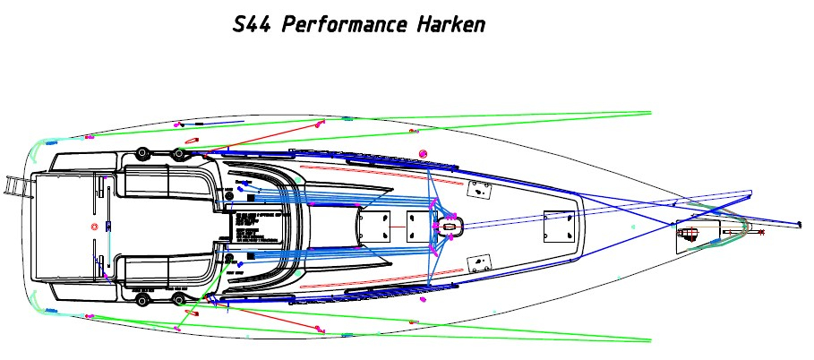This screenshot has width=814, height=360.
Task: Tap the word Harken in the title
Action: pyautogui.click(x=450, y=24)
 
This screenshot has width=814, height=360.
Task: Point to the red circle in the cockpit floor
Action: pyautogui.click(x=95, y=227)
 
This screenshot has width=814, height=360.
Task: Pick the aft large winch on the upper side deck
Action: pyautogui.click(x=141, y=154)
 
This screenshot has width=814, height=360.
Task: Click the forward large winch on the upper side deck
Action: pyautogui.click(x=179, y=154)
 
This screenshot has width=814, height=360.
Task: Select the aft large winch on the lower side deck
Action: pyautogui.click(x=141, y=299)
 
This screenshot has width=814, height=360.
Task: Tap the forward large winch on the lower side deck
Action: pyautogui.click(x=179, y=298)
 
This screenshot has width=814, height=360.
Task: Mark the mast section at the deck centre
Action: pyautogui.click(x=449, y=227)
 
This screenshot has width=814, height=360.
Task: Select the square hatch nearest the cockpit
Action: pyautogui.click(x=371, y=227)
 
